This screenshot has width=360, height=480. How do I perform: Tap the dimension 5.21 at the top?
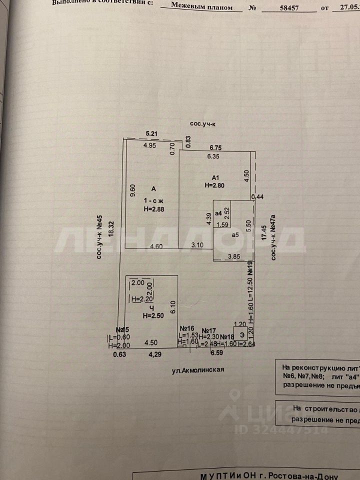152,133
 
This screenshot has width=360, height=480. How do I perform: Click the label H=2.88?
154,209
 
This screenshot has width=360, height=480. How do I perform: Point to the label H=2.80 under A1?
215,185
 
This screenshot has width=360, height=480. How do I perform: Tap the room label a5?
236,234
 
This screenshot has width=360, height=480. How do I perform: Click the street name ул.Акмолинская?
194,370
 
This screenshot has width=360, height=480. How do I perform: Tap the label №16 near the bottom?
187,328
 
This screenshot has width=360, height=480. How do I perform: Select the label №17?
209,330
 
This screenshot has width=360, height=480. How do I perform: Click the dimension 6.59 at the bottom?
216,353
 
